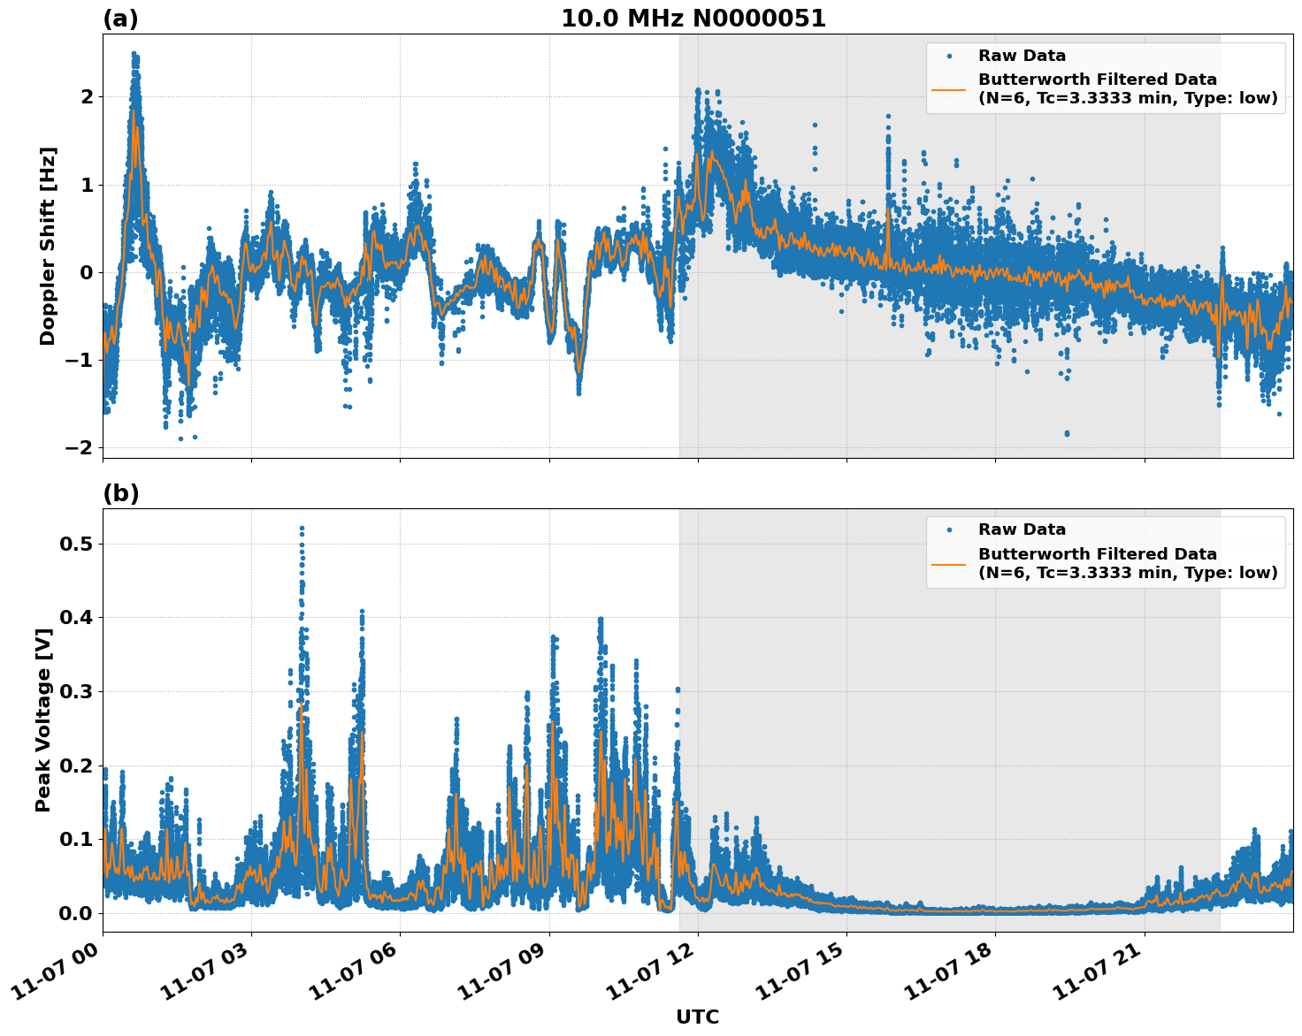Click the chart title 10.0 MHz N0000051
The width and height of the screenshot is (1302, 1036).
693,19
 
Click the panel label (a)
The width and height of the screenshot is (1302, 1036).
120,19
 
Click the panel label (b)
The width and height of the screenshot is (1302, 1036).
121,493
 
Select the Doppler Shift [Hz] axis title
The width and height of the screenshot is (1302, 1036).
48,246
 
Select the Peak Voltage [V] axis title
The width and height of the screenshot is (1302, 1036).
43,720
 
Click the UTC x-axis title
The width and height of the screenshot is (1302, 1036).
697,1017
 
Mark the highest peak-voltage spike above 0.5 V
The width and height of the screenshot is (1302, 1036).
302,529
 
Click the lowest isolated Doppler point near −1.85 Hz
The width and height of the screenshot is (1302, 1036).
1067,433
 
